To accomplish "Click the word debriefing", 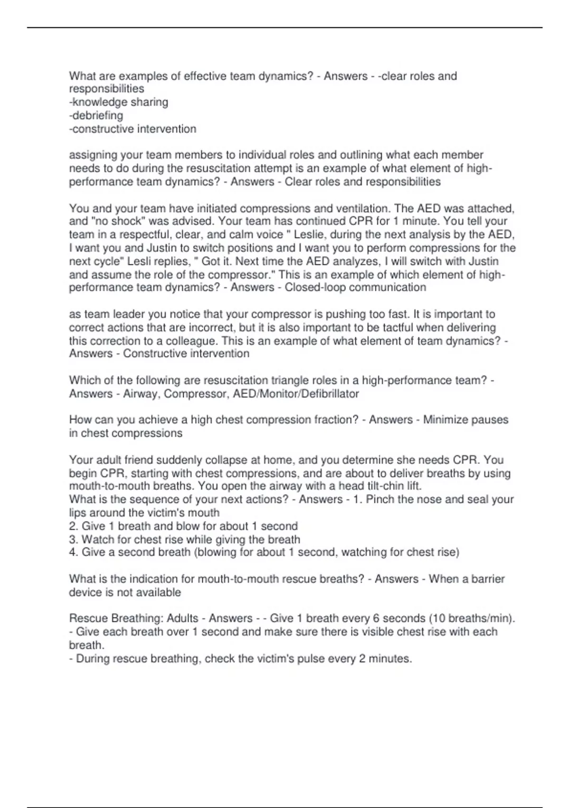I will (97, 115).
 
